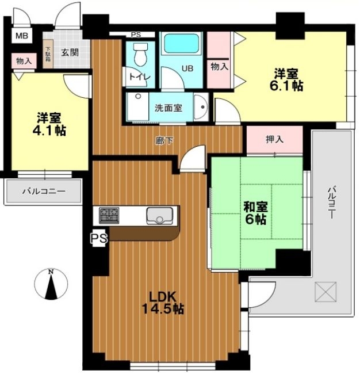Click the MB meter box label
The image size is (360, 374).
[x=22, y=36]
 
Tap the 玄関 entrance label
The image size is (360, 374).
[x=70, y=52]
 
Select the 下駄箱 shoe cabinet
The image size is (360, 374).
[x=48, y=54]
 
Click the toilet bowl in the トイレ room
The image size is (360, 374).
[x=140, y=55]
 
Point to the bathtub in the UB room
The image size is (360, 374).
[x=181, y=43]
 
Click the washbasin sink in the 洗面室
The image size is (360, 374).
[x=201, y=107]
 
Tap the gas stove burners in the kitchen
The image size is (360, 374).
[x=109, y=215]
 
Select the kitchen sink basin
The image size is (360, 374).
[x=159, y=216]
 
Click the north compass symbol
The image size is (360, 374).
[x=51, y=284]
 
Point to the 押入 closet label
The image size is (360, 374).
[x=275, y=139]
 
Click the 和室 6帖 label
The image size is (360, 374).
[x=255, y=213]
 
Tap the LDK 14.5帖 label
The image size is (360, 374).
[x=163, y=303]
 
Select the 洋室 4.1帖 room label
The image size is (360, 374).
[x=49, y=124]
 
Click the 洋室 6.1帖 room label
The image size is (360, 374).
[x=286, y=79]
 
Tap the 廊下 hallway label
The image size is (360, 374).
[x=164, y=141]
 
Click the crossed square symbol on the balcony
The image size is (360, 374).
[x=325, y=292]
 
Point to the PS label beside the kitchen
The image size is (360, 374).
[x=99, y=238]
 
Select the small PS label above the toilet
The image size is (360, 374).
[x=136, y=35]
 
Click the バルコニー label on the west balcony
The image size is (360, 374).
[x=44, y=191]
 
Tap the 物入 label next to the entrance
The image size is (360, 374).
[x=24, y=61]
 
